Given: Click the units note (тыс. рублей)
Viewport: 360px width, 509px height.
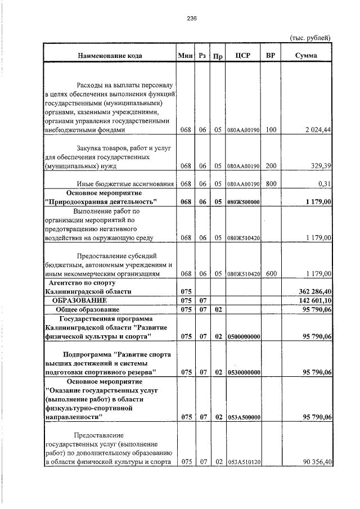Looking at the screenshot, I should (309, 38).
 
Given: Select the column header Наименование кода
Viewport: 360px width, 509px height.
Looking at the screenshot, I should (110, 56).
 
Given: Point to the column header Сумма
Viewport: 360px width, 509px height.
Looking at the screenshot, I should (306, 56).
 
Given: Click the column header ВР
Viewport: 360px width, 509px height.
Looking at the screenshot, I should (271, 56).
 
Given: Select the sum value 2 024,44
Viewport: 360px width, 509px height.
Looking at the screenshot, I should (317, 130).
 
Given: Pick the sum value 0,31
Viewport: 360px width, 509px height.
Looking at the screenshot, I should (323, 184).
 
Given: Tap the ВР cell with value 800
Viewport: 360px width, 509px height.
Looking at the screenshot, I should (271, 184).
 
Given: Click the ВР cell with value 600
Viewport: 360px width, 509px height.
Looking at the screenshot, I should (271, 274).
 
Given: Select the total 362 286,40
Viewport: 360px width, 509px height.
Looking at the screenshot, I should (313, 292).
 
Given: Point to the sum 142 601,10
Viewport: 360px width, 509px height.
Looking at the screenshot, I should (313, 301).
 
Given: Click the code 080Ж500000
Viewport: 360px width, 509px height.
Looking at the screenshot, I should (243, 202).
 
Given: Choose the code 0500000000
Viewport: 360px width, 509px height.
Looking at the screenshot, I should (243, 337).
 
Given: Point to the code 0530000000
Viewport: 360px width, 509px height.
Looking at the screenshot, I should (243, 372).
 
